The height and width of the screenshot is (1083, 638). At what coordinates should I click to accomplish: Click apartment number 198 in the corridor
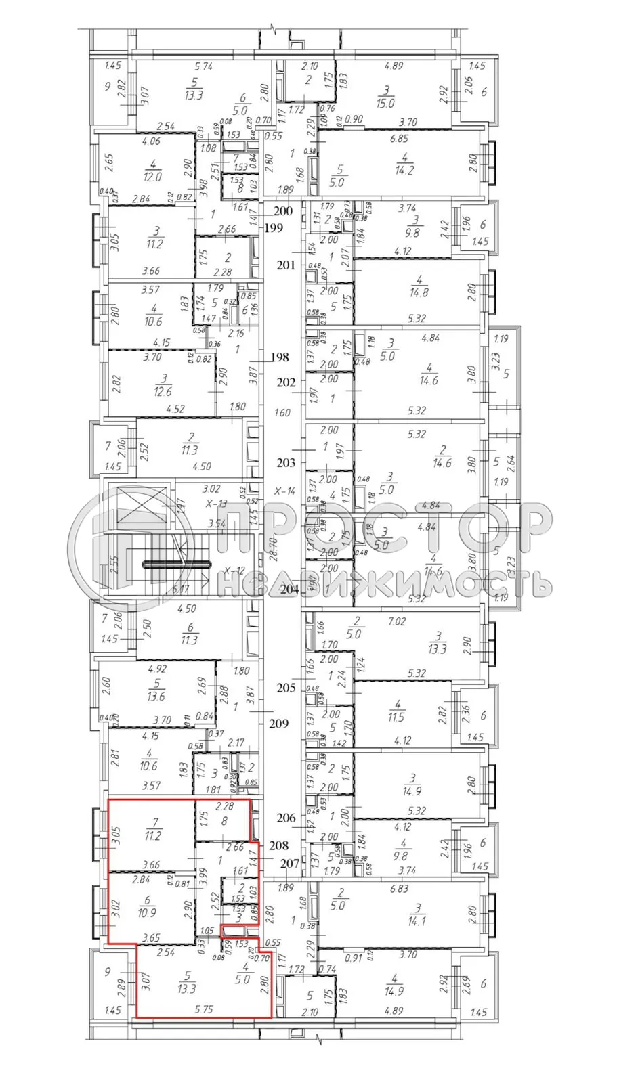(x=279, y=357)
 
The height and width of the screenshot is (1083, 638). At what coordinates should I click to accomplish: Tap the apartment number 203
(x=286, y=462)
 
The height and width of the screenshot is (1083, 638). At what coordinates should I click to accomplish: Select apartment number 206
(x=286, y=818)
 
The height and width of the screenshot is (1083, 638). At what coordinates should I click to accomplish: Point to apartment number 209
(x=278, y=724)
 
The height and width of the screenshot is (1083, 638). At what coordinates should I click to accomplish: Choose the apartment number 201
(x=286, y=265)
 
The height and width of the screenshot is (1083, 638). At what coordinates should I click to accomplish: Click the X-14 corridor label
(x=284, y=491)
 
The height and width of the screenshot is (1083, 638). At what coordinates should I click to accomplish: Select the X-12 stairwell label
(x=234, y=570)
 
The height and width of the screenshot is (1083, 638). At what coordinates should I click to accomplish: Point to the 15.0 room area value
(x=386, y=104)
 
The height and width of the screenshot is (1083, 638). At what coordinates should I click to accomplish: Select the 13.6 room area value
(x=156, y=696)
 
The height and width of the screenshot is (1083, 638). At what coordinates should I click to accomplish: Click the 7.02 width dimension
(x=397, y=621)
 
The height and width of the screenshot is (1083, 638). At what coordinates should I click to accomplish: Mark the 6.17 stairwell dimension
(x=180, y=590)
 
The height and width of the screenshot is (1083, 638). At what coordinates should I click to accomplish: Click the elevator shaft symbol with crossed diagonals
(x=142, y=506)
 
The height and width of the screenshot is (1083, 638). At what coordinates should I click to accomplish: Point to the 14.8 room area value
(x=419, y=293)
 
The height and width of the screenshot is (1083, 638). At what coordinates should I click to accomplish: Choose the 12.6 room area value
(x=163, y=391)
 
